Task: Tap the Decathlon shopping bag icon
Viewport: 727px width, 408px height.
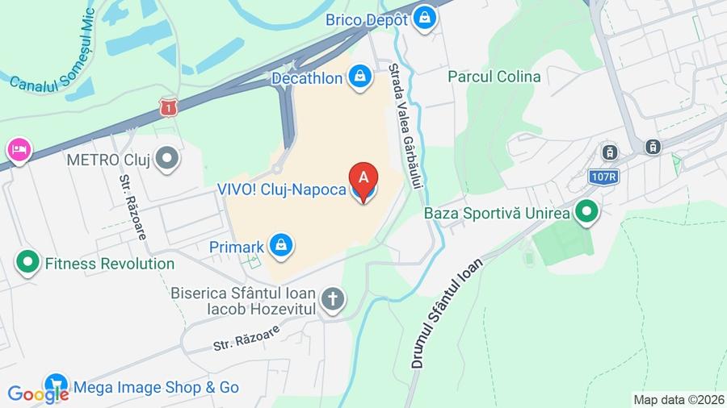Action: point(359,77)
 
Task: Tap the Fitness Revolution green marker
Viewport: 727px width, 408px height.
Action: point(28,262)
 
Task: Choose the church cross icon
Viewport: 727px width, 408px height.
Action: point(331,300)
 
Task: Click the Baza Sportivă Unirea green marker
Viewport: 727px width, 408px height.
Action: point(586,212)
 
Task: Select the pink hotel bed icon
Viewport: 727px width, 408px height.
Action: point(19,150)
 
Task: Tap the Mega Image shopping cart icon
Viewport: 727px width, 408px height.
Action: point(56,385)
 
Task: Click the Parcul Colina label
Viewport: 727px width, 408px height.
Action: point(494,77)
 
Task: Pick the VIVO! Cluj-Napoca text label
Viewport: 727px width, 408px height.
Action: point(281,190)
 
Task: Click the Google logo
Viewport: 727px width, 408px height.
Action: point(37,394)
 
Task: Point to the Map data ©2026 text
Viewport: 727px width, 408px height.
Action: point(678,399)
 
